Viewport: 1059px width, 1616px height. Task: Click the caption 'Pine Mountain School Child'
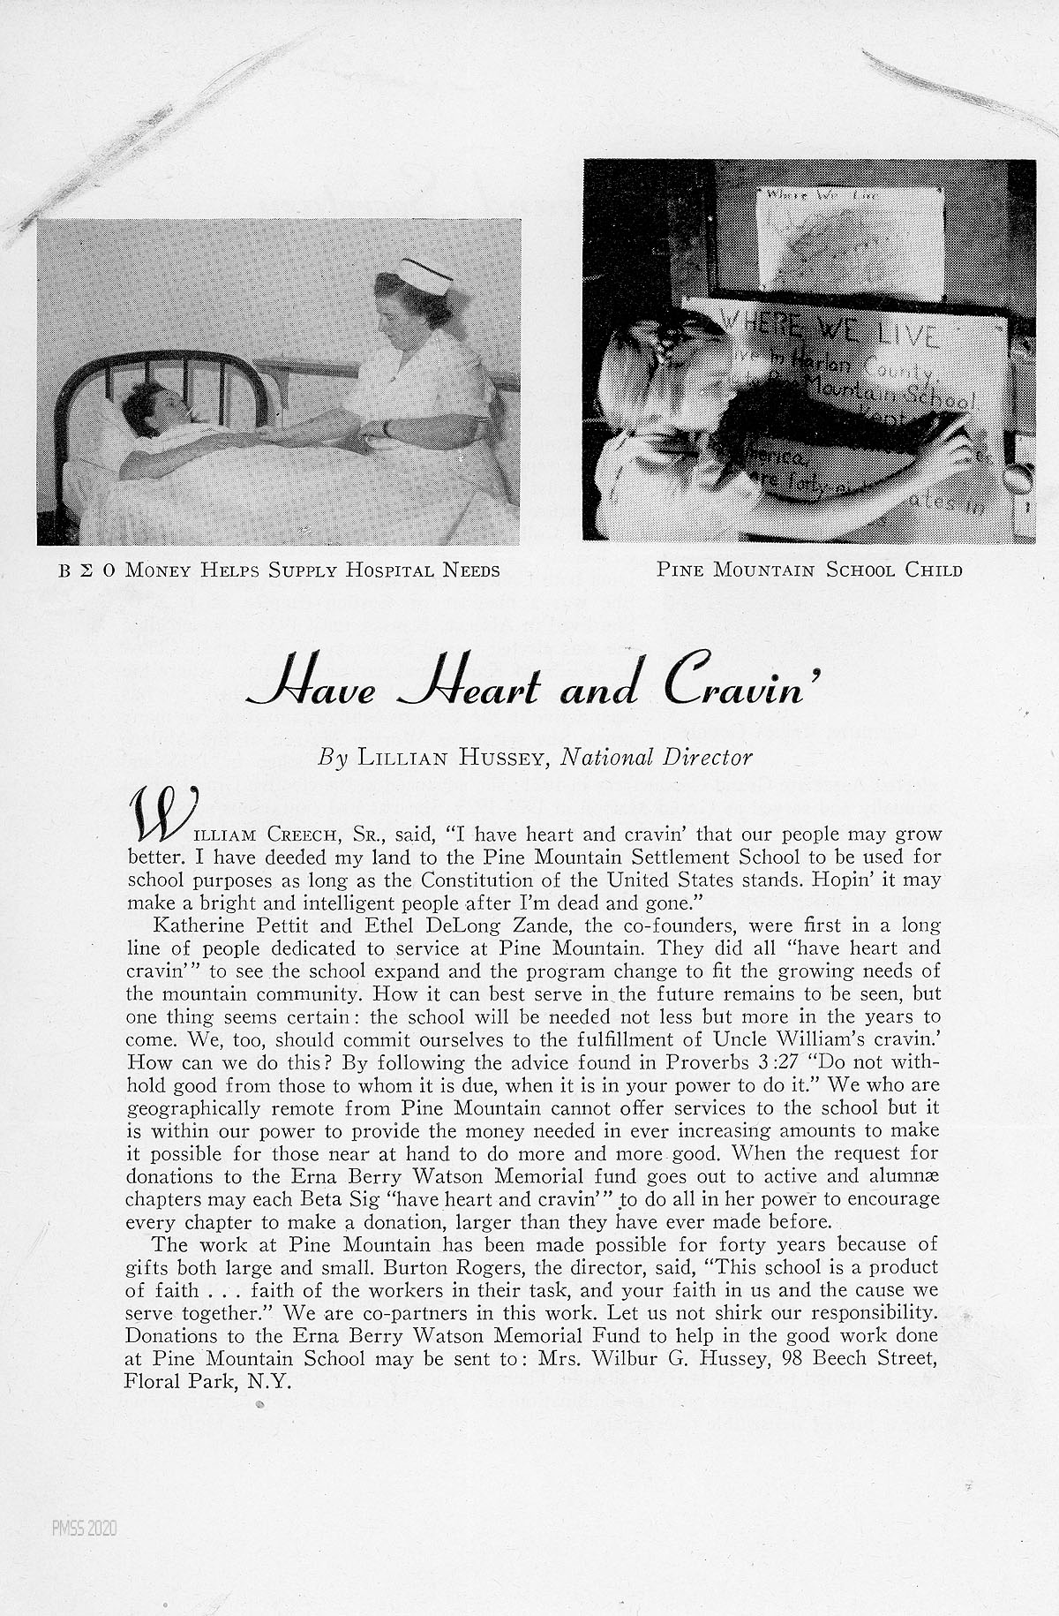pos(809,570)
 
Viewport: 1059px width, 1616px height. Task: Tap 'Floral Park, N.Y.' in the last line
pos(208,1382)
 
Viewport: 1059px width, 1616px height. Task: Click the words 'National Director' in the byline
pos(657,758)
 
